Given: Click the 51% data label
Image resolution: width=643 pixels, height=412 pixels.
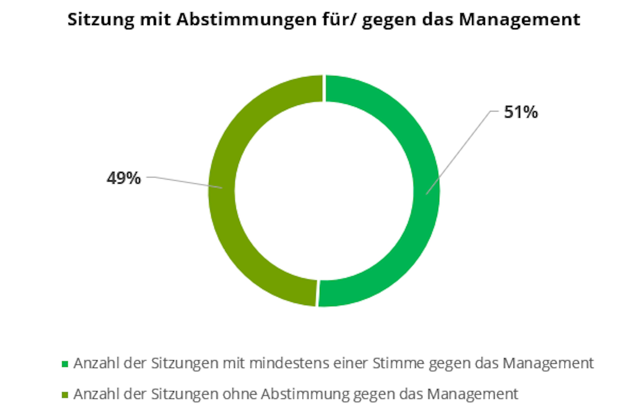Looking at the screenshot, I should (x=520, y=112).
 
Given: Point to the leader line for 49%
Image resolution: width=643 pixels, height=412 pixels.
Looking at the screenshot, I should (x=185, y=182).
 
